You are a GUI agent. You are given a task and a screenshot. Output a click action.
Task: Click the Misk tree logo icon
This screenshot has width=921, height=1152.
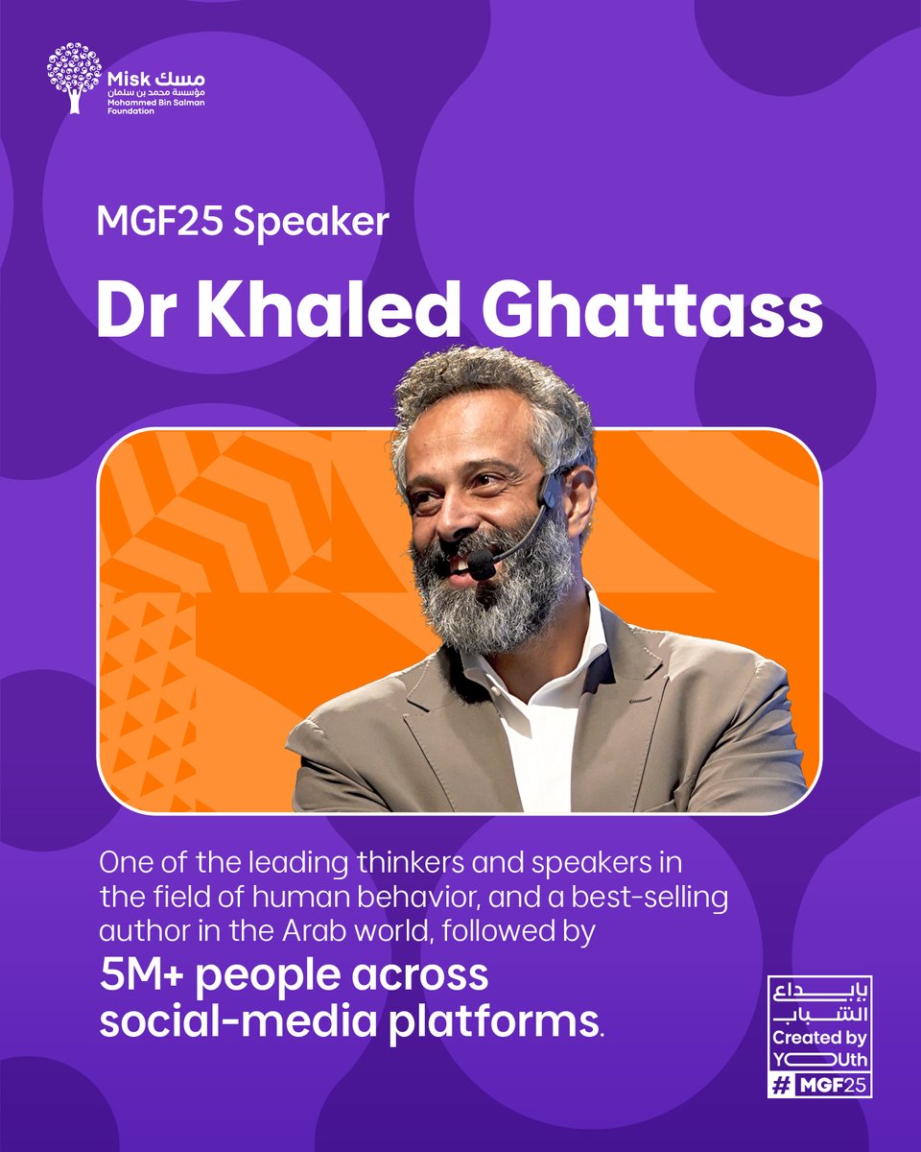coord(73,76)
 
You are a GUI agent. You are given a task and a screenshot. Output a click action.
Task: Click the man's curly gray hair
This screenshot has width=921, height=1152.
coord(480,384)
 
